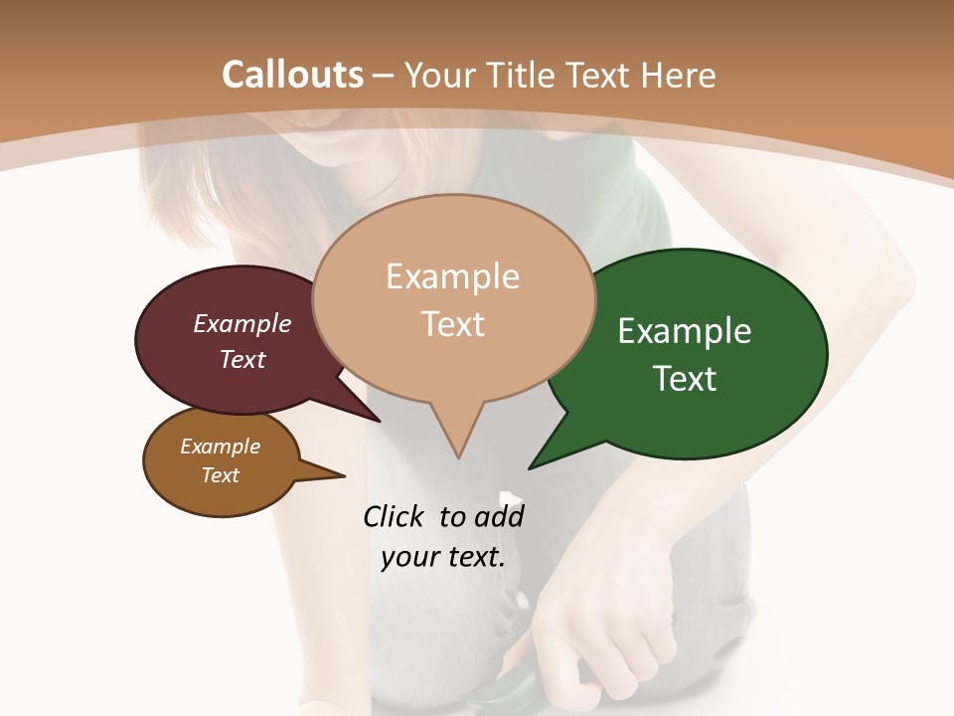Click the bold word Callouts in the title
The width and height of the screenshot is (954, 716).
tap(292, 75)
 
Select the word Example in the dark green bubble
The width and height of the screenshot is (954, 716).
tap(685, 331)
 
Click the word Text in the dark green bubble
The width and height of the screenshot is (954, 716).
tap(685, 379)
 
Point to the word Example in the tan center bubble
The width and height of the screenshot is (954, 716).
tap(452, 276)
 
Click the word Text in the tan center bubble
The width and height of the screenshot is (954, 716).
tap(452, 324)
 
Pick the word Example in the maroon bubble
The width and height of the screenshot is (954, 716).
tap(241, 323)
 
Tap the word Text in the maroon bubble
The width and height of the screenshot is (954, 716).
tap(241, 359)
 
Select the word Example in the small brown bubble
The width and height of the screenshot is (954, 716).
tap(220, 447)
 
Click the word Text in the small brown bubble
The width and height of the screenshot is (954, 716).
tap(220, 475)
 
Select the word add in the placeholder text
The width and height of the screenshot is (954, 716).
tap(499, 516)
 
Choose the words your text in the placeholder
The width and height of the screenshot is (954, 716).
tap(442, 557)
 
